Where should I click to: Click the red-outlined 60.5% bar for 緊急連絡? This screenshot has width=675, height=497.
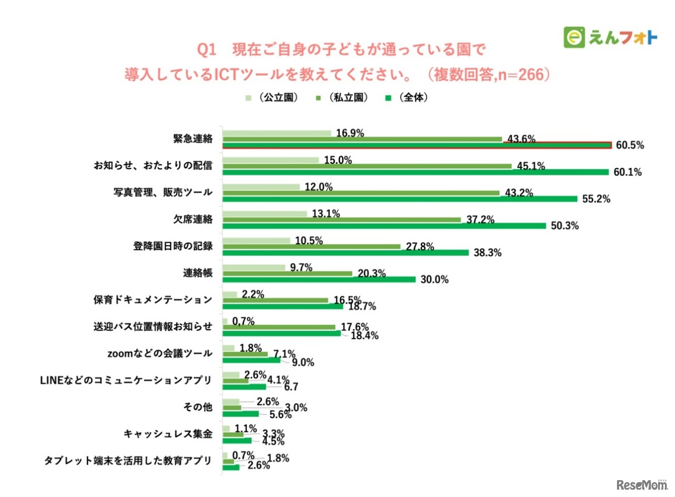(417, 145)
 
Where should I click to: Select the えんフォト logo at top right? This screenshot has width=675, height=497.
(611, 37)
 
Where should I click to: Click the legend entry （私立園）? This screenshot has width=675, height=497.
(341, 98)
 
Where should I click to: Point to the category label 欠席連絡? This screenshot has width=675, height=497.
(193, 219)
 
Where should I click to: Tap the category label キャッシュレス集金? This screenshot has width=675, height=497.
(168, 434)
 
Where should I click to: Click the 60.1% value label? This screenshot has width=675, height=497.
(627, 173)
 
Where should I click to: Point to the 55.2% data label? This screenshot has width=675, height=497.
(595, 200)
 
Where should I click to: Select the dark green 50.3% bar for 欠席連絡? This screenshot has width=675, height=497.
(384, 226)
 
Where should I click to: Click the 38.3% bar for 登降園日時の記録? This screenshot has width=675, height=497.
(345, 253)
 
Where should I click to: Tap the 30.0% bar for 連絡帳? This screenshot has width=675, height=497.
(319, 280)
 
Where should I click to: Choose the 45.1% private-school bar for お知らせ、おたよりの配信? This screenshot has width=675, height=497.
(367, 166)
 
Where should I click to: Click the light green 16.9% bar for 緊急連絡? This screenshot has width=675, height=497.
(277, 133)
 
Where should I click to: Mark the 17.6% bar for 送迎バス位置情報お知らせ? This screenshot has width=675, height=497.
(279, 327)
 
